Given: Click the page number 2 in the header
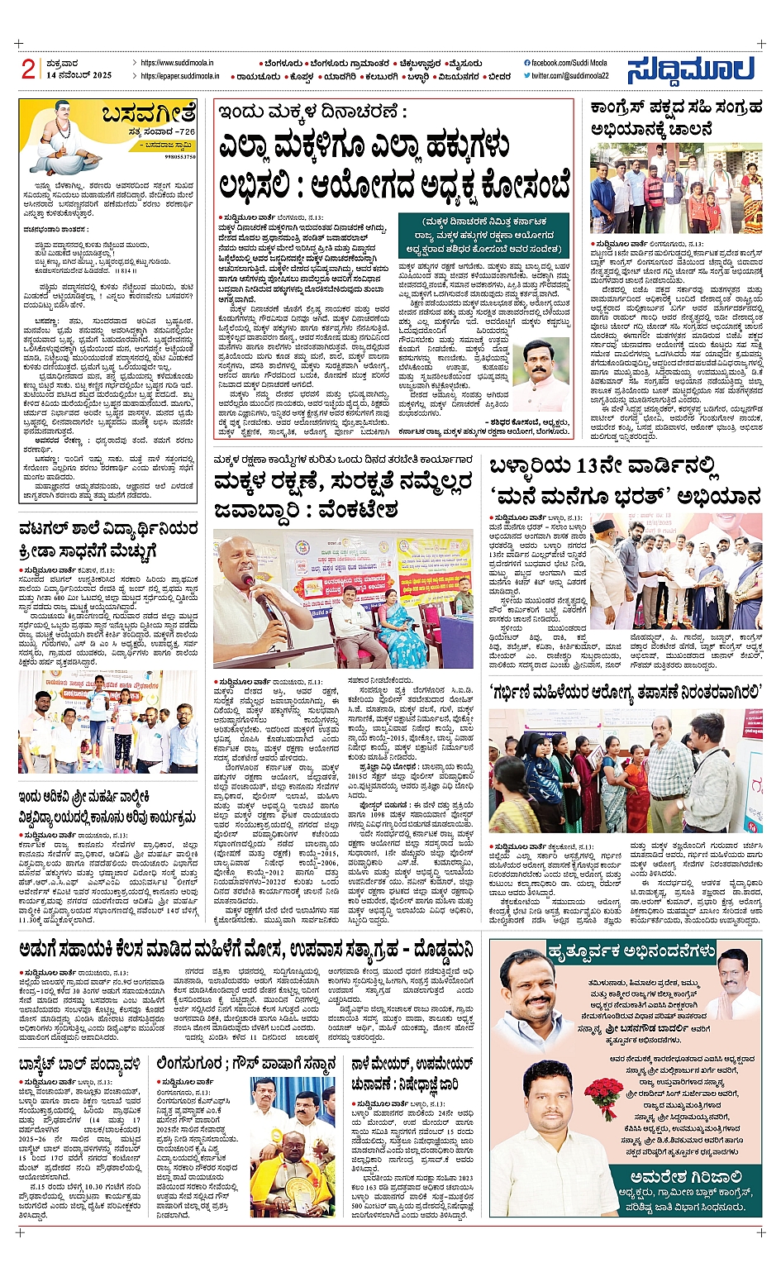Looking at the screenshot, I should pyautogui.click(x=29, y=69).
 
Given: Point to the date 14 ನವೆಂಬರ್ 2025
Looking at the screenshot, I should pyautogui.click(x=79, y=75).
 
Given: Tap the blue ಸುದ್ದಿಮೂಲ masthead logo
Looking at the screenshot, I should pyautogui.click(x=690, y=70).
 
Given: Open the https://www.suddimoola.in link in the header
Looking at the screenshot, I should pyautogui.click(x=177, y=63).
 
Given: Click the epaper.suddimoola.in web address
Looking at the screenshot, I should pyautogui.click(x=180, y=76).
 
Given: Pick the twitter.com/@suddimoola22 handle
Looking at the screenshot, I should pyautogui.click(x=569, y=76).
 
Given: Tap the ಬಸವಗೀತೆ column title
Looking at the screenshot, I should pyautogui.click(x=149, y=112).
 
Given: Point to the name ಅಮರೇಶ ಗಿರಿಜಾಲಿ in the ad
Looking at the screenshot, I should pyautogui.click(x=684, y=1176).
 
